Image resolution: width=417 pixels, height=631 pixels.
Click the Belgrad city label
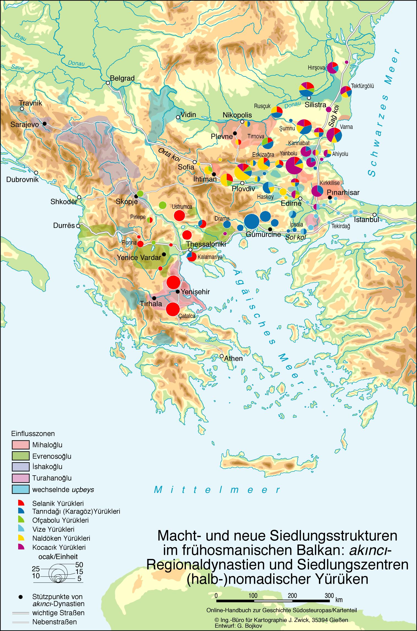coord(122,78)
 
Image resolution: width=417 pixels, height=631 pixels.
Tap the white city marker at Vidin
coord(178,117)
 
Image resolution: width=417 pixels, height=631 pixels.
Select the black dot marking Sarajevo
coord(44,124)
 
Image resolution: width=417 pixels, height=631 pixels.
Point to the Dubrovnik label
coord(23,180)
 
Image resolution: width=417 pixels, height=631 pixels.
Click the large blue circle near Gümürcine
coord(251,221)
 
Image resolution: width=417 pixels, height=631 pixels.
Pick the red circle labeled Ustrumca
coord(179,215)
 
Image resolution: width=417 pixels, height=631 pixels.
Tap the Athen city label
coord(233,358)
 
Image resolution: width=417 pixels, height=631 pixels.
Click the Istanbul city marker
coord(374,215)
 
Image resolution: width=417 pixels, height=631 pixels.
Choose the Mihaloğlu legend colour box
coord(20,445)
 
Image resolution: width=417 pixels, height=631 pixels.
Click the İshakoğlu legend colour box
coord(20,467)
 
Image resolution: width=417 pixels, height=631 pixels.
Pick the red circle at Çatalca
coord(173,309)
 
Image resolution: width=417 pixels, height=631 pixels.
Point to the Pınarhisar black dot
coord(329,197)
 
